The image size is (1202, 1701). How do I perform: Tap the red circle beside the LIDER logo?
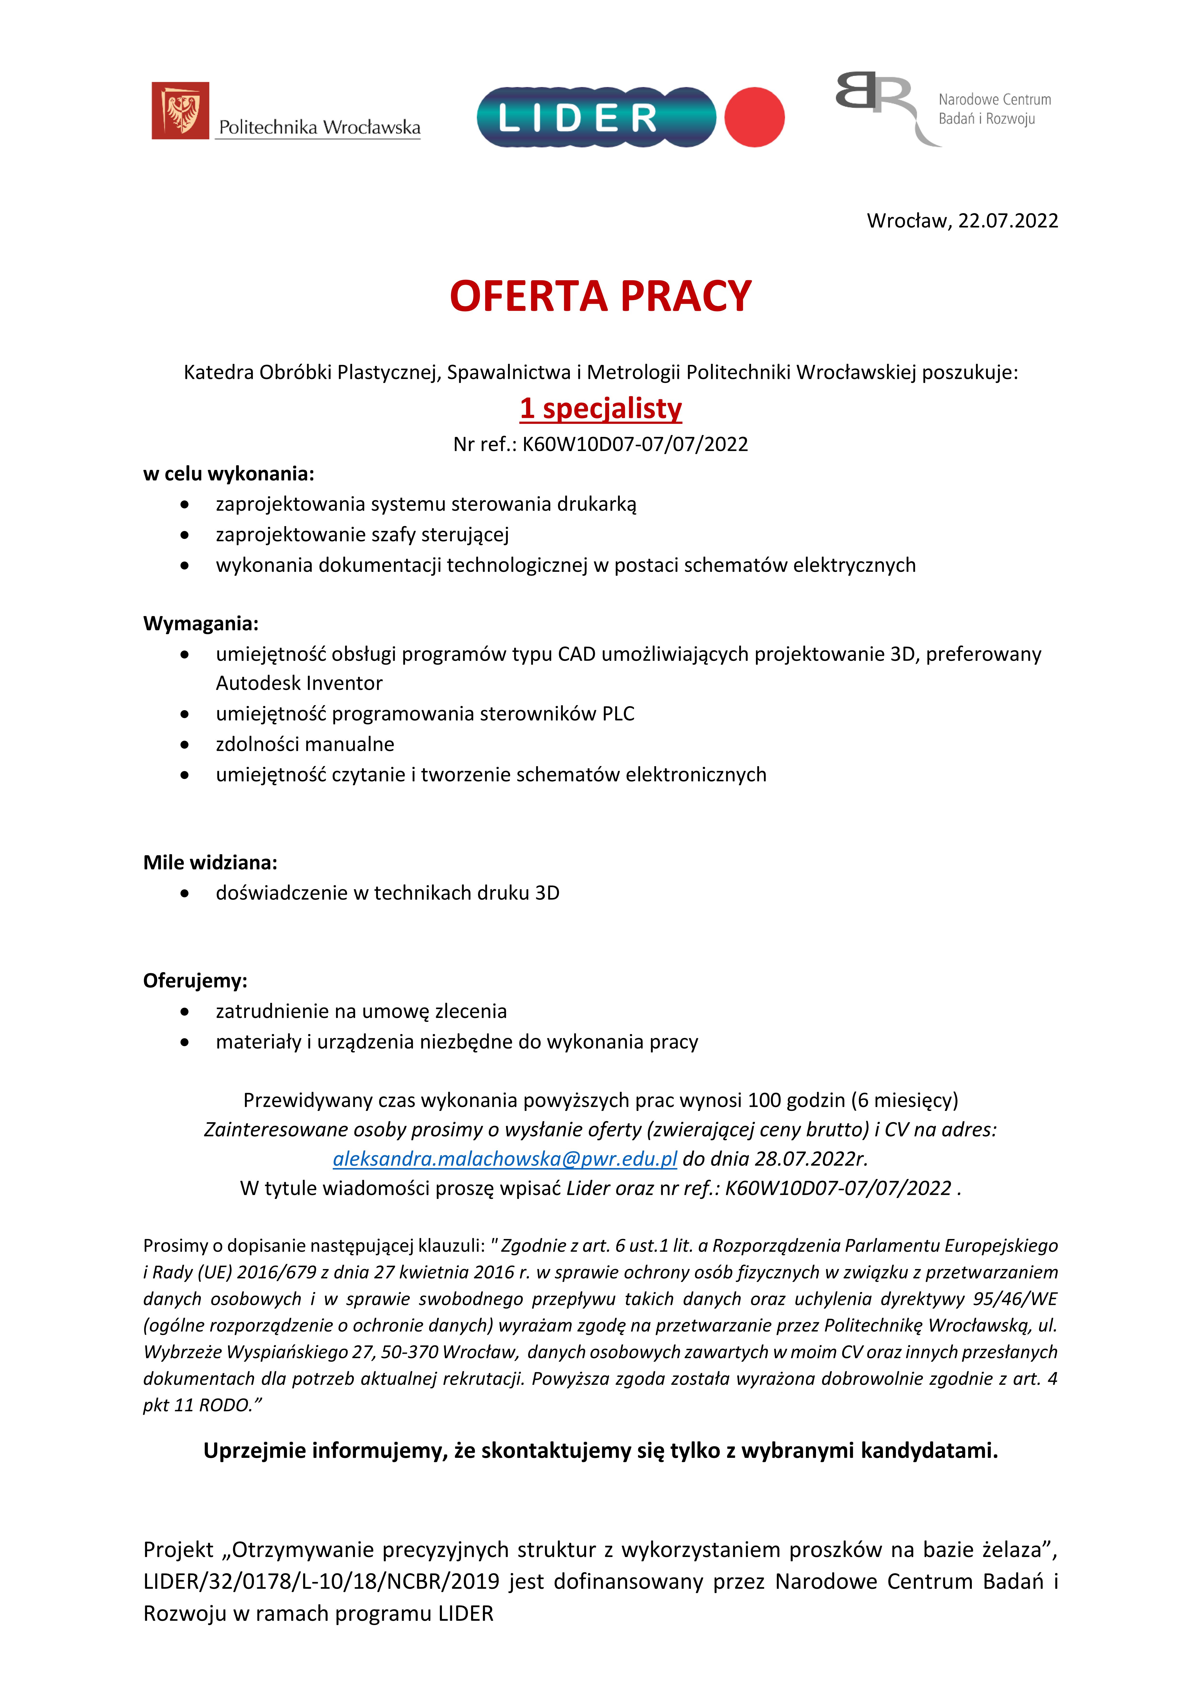754,117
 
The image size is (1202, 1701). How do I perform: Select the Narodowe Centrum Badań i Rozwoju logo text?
994,109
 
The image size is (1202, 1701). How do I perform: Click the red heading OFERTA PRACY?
601,296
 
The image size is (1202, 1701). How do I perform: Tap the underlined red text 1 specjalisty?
601,408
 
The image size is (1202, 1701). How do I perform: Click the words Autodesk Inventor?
299,683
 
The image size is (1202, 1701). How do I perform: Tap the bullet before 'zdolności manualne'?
184,745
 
